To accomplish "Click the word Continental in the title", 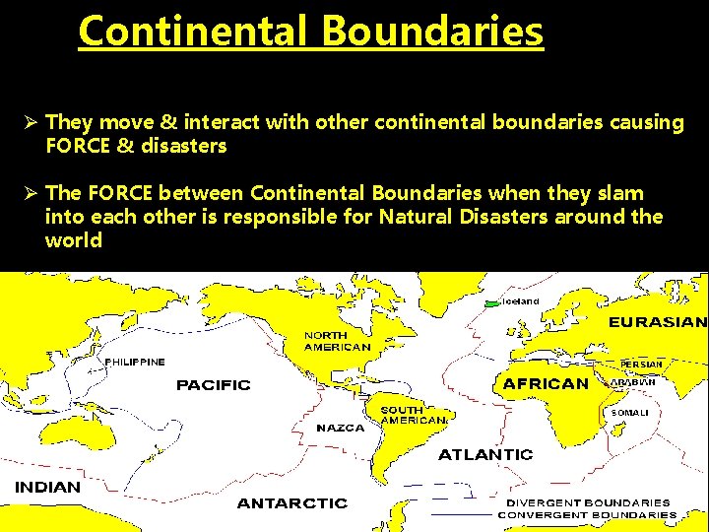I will (193, 31).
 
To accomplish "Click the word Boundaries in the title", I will (430, 31).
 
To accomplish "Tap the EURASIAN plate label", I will (656, 322).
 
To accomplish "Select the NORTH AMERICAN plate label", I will (337, 341).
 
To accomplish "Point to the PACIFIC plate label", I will (214, 384).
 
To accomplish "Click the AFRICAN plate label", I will (546, 383).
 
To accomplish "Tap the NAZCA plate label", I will (340, 429).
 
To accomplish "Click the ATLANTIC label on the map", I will (485, 454).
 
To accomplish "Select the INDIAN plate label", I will (47, 487).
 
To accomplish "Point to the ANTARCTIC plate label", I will (292, 503).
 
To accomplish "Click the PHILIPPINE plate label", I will (135, 361).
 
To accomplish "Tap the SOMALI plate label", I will (630, 412).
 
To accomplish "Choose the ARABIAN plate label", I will (634, 382).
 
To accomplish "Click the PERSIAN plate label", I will (641, 365).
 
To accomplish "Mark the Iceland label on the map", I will (521, 300).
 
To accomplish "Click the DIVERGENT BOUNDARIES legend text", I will (588, 502).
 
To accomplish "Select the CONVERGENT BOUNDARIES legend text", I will (587, 514).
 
